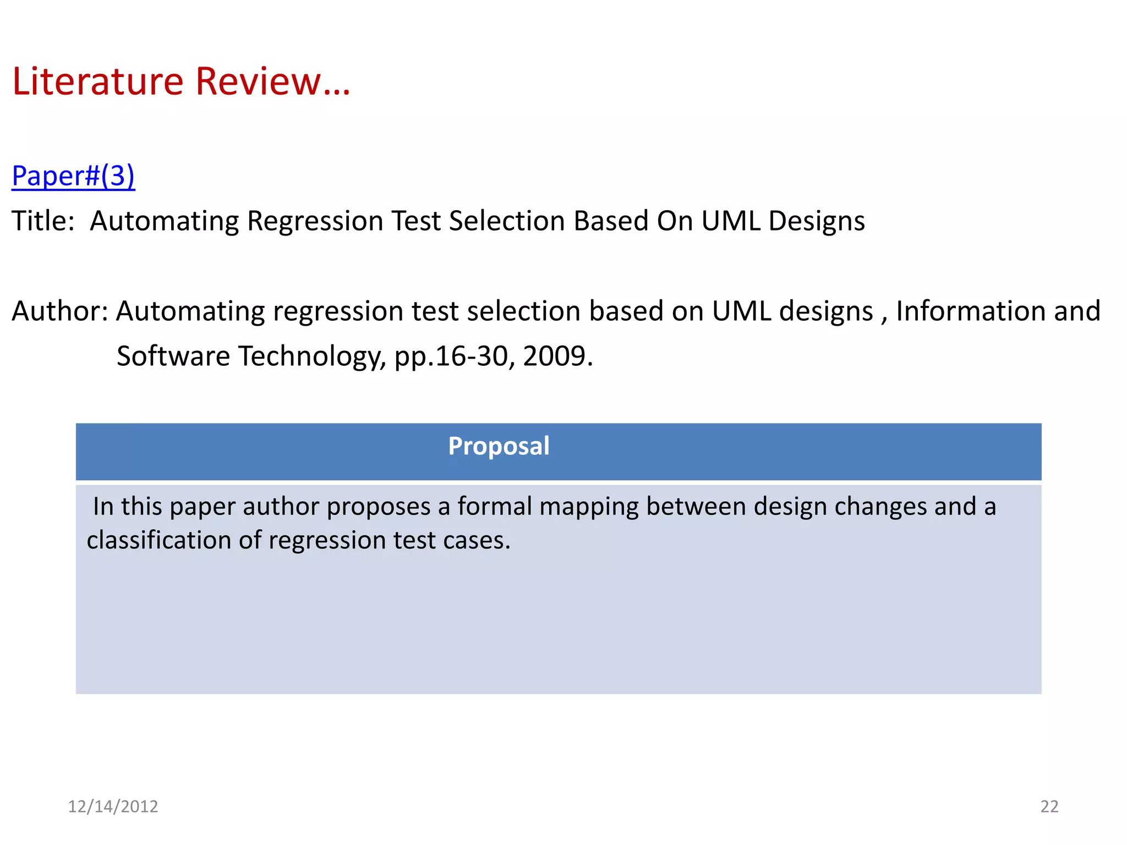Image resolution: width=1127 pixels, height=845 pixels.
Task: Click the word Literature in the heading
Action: click(97, 81)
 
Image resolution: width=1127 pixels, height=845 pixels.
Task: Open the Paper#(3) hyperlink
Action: click(73, 176)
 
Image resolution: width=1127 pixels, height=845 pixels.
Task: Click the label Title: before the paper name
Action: click(43, 221)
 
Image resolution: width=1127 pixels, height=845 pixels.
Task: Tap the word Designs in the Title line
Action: click(816, 221)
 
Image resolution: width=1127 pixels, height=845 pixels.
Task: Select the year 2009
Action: click(557, 356)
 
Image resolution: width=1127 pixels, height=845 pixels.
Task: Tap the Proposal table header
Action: click(499, 446)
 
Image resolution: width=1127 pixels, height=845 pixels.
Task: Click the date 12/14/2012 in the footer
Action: click(113, 806)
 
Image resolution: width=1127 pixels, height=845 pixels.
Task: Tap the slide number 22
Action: click(1049, 806)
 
